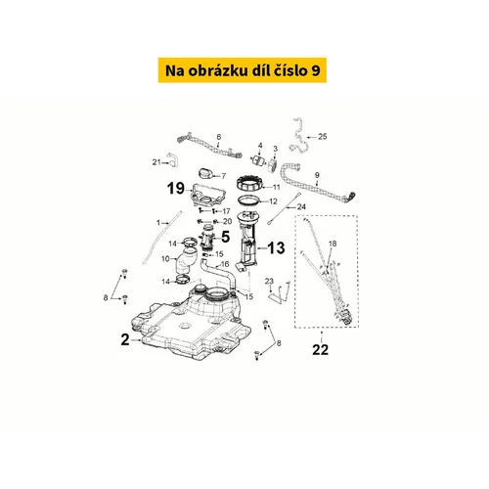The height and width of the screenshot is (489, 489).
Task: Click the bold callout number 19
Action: [176, 189]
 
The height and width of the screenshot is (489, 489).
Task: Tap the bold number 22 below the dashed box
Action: [320, 350]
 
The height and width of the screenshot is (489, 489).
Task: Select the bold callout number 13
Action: [276, 248]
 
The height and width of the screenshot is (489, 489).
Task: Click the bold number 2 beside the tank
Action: [125, 339]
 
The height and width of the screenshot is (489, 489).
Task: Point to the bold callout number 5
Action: [226, 237]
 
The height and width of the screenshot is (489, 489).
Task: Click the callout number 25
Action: [322, 136]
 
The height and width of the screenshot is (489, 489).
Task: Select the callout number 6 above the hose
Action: [219, 137]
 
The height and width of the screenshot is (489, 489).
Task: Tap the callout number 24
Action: [301, 206]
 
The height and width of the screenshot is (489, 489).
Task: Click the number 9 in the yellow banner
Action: [316, 70]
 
